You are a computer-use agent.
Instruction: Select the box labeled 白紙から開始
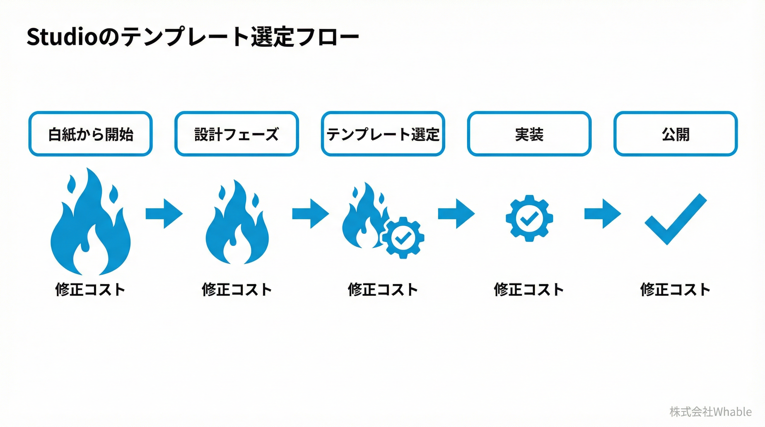coord(90,134)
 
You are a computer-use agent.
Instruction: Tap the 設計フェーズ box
coord(236,134)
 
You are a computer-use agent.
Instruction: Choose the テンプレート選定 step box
coord(383,134)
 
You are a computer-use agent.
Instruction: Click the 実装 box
coord(529,134)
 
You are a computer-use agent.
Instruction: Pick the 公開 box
coord(675,134)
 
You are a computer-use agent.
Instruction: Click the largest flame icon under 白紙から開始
coord(90,226)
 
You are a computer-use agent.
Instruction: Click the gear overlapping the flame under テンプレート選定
coord(403,238)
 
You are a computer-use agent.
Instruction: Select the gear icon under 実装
coord(529,218)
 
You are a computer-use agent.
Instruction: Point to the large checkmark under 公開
coord(675,220)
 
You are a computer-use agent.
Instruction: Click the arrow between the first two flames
coord(164,213)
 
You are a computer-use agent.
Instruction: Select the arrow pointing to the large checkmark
coord(603,213)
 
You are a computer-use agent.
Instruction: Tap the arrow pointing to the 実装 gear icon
coord(456,213)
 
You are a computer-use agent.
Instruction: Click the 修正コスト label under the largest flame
coord(90,289)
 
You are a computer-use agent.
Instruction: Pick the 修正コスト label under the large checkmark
coord(675,289)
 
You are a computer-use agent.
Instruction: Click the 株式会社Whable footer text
coord(710,411)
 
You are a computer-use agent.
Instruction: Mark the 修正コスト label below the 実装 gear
coord(529,289)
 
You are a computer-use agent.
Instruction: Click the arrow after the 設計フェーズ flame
coord(310,213)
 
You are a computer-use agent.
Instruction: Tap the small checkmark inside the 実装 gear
coord(529,219)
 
